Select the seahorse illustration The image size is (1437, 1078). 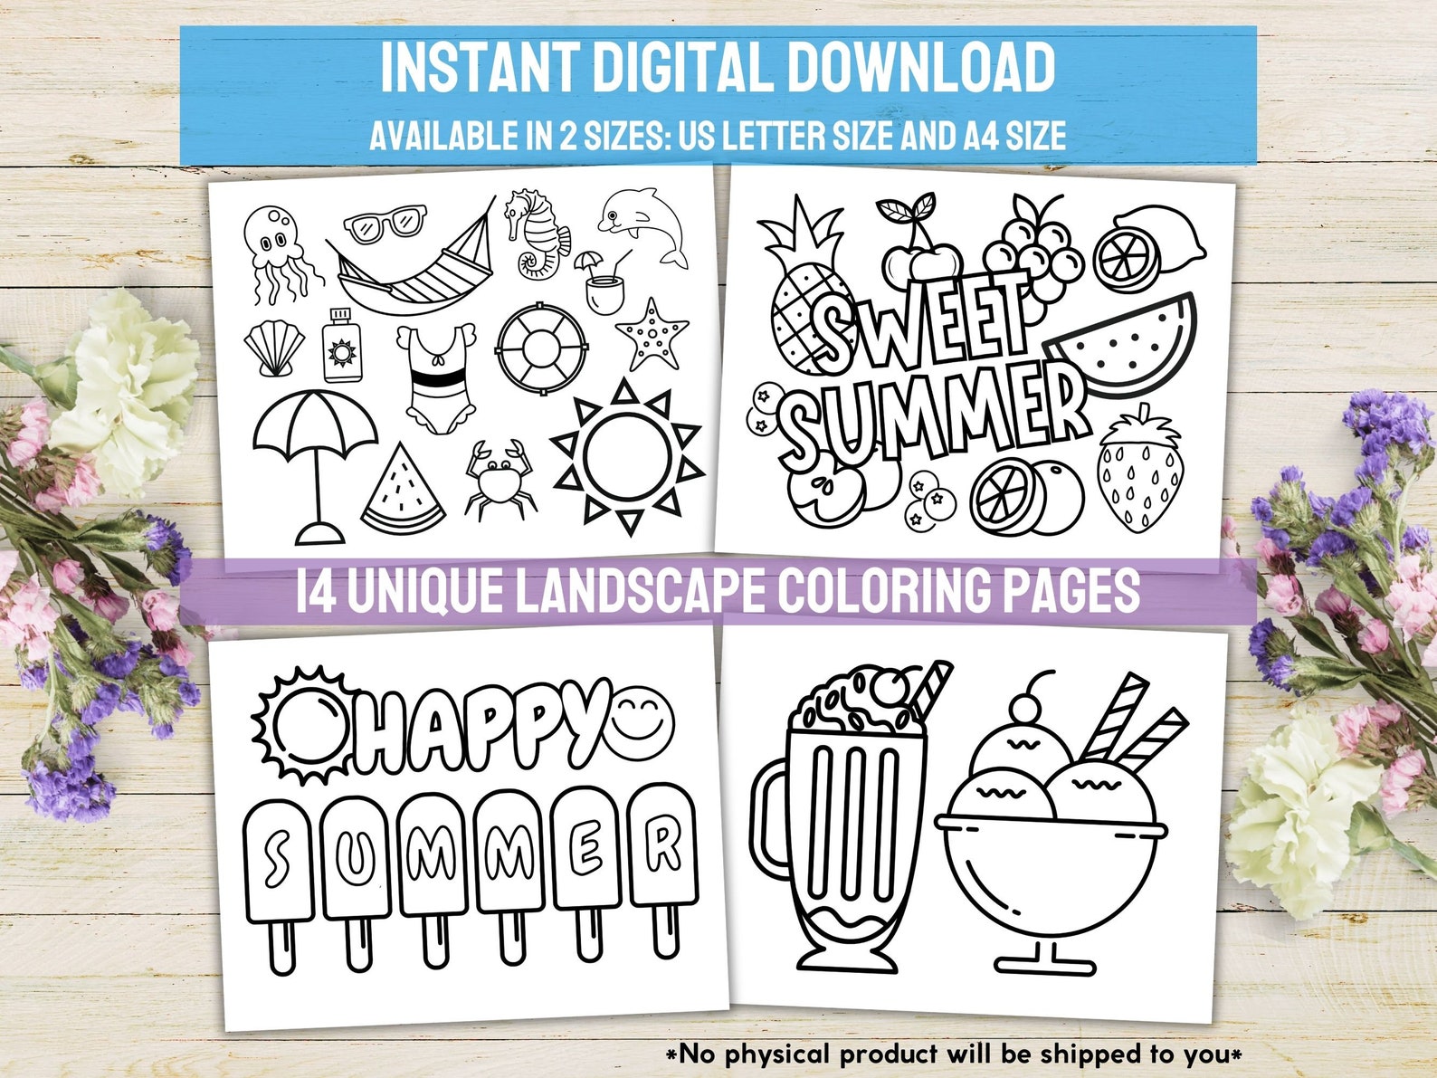pos(537,234)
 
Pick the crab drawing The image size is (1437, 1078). pos(497,477)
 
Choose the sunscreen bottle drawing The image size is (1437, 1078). pos(341,346)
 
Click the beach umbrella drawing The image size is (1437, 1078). pos(316,457)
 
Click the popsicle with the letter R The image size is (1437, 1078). pos(663,860)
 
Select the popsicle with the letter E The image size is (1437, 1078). pos(587,864)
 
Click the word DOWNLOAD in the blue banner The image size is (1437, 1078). pos(920,67)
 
